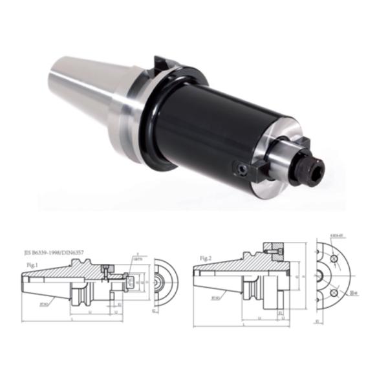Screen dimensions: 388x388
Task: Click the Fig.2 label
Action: coord(206,259)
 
